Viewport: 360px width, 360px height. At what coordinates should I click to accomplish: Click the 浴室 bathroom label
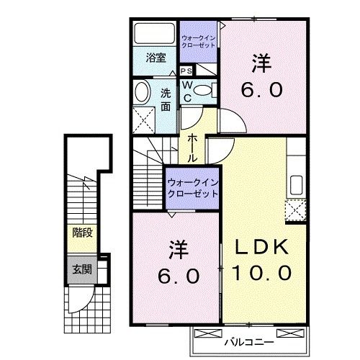click(156, 58)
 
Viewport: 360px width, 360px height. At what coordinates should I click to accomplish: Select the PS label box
click(186, 71)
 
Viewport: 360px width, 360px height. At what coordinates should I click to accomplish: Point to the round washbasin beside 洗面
click(143, 91)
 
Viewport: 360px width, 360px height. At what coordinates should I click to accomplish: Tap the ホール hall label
click(193, 147)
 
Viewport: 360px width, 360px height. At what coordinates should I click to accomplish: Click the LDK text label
click(264, 247)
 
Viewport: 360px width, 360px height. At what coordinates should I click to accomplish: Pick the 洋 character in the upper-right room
click(261, 64)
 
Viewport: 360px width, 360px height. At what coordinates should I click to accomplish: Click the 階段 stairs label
click(81, 233)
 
